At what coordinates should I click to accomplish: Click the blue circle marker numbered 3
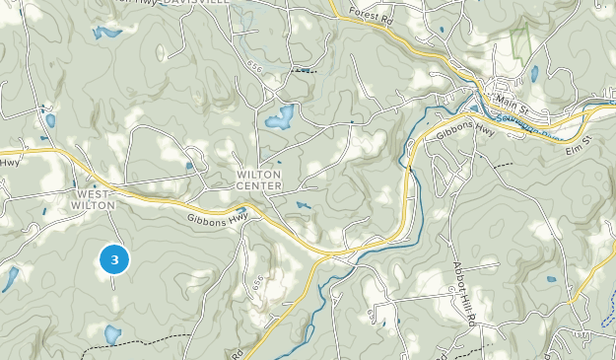(x=115, y=260)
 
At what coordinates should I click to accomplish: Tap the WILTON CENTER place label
(x=259, y=180)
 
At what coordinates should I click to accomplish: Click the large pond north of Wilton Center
(x=278, y=118)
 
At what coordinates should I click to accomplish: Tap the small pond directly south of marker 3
(x=112, y=334)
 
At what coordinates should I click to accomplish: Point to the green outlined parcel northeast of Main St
(x=520, y=39)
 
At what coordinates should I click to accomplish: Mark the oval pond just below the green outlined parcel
(x=534, y=74)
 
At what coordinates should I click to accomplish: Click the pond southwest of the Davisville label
(x=102, y=33)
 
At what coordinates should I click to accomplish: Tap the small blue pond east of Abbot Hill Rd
(x=550, y=279)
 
